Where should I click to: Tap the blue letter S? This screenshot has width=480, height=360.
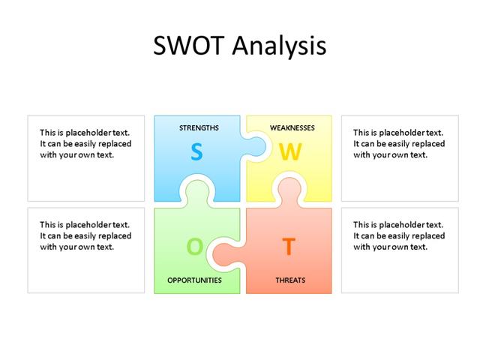196,153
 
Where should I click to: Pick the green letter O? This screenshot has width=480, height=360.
194,246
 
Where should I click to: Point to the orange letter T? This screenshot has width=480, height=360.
288,246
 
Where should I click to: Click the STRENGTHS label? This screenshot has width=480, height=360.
199,128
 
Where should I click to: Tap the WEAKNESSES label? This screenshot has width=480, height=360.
292,128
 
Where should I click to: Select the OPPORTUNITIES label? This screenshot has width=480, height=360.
194,280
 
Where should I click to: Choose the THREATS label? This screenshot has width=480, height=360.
290,280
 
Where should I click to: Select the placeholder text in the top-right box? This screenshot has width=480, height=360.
399,143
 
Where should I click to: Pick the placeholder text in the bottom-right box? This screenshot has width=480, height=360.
399,235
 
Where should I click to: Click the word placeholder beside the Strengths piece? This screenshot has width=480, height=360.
94,132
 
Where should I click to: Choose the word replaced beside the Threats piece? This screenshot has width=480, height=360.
427,235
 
